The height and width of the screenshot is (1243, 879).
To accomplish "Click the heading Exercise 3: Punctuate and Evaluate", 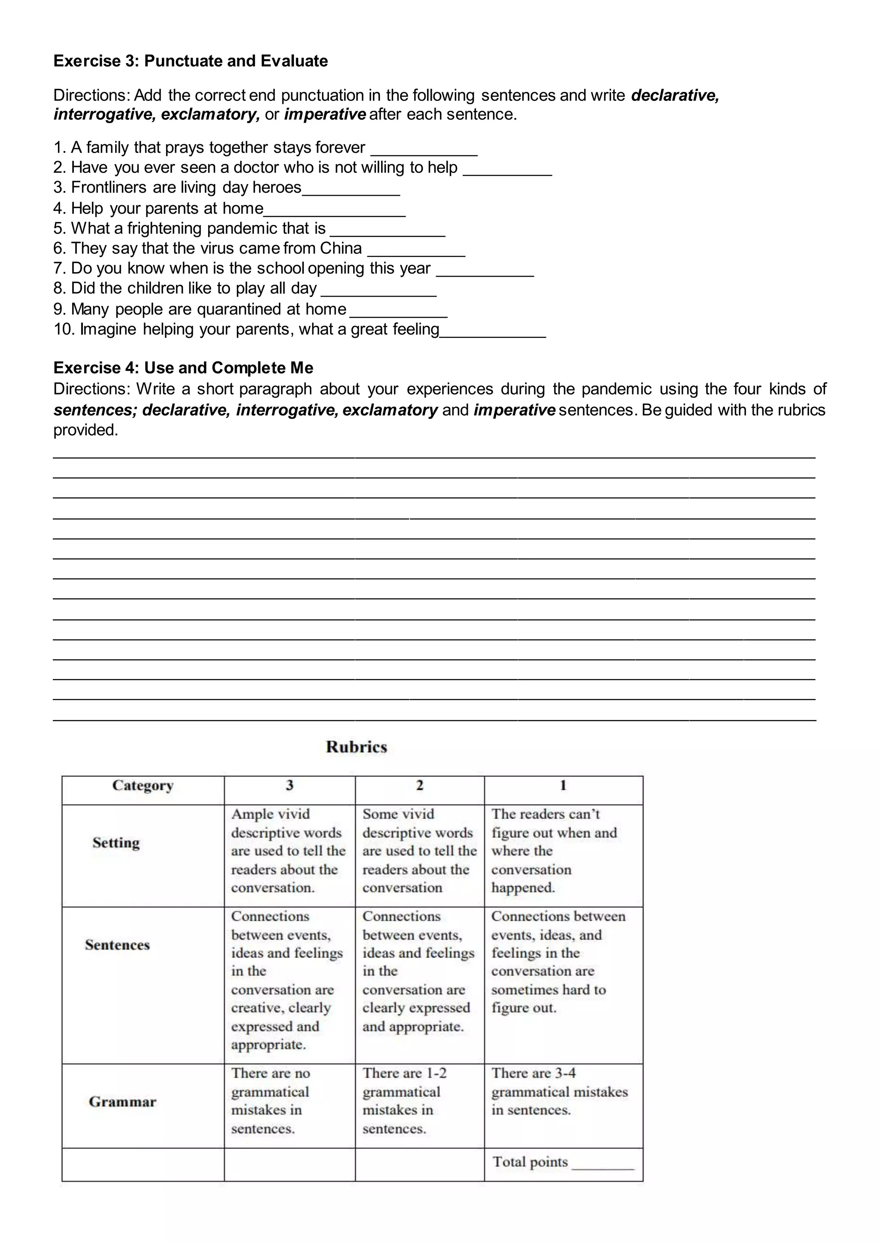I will [191, 61].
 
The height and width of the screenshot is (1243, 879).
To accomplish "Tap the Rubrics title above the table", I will [356, 747].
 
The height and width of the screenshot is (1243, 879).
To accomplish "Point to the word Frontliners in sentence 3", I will [109, 187].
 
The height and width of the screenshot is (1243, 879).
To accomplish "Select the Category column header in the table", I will [143, 785].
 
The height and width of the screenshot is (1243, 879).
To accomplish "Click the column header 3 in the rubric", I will [290, 785].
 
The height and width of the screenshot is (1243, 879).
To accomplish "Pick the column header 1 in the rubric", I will [563, 785].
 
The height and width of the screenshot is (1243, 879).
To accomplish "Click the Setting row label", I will [116, 843].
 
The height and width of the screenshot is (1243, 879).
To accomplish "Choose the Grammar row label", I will [122, 1102].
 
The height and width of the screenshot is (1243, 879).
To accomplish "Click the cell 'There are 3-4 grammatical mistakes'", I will [559, 1091].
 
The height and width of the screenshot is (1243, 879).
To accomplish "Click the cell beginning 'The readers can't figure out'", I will [554, 851].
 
